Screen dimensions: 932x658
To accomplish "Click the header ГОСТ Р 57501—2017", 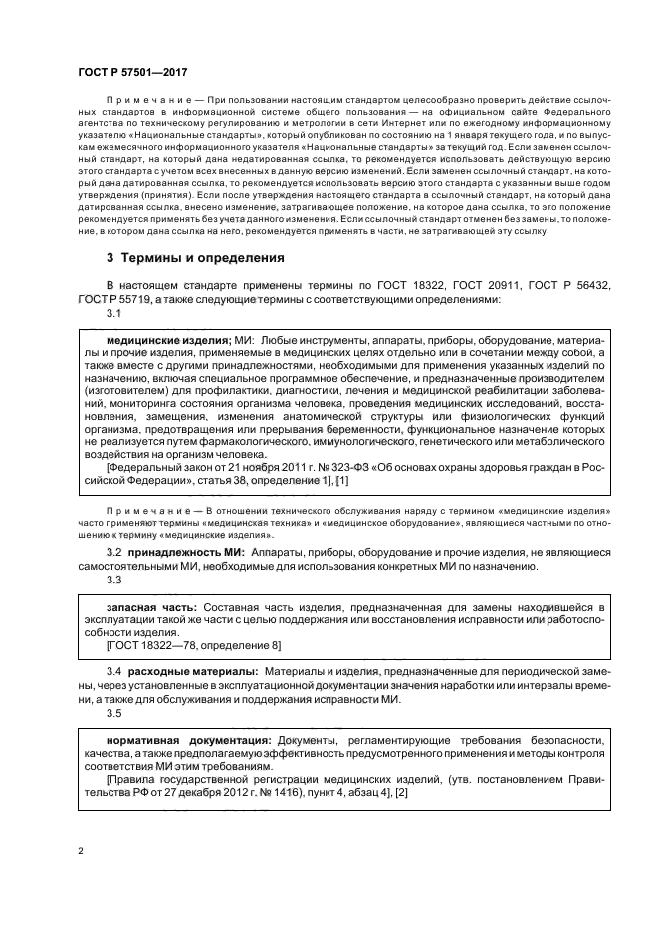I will tap(132, 73).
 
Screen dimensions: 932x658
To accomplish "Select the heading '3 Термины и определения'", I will tap(196, 257).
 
